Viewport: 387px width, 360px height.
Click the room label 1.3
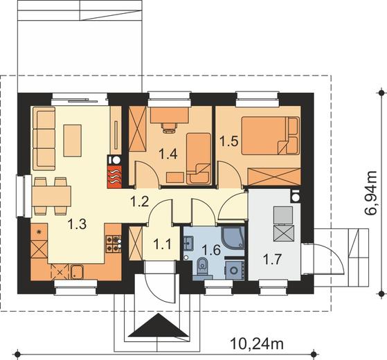pos(77,224)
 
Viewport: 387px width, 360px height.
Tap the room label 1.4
pos(168,154)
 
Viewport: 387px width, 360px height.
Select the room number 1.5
pos(228,142)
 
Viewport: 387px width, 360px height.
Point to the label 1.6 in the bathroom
pos(211,250)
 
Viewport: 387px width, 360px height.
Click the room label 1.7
pos(272,260)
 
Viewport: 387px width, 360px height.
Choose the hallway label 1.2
pos(140,201)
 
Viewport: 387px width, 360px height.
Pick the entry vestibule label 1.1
pos(162,244)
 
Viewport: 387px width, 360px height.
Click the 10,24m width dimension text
pos(257,343)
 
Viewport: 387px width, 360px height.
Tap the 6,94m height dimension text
pos(370,193)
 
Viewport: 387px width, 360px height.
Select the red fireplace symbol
pos(114,177)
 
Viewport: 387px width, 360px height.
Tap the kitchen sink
pos(78,272)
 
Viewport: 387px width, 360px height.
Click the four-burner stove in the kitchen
pos(114,244)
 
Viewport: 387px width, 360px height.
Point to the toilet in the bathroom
pos(203,266)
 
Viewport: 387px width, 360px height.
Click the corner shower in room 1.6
pos(233,238)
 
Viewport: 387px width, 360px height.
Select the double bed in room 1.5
pos(270,136)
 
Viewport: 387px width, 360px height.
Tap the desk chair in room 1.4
pos(169,127)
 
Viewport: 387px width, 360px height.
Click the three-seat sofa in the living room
pos(44,138)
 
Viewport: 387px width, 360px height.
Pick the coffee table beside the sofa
pos(73,141)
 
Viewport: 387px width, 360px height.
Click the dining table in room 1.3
pos(51,196)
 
